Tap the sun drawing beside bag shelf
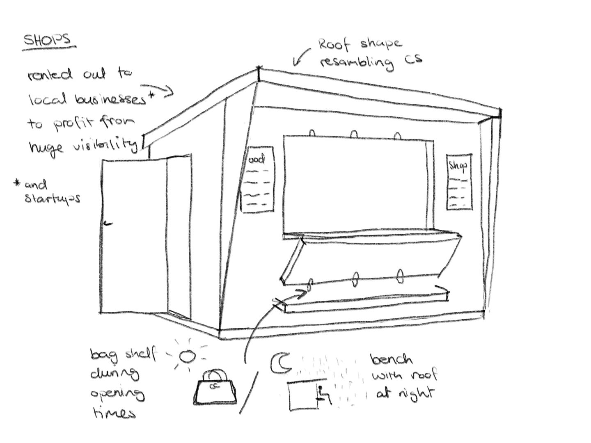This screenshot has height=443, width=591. (188, 356)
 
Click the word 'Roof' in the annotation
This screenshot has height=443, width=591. (334, 43)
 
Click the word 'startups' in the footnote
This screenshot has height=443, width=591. (52, 199)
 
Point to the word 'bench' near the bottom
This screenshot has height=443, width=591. (392, 360)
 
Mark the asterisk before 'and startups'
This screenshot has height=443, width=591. (17, 183)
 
